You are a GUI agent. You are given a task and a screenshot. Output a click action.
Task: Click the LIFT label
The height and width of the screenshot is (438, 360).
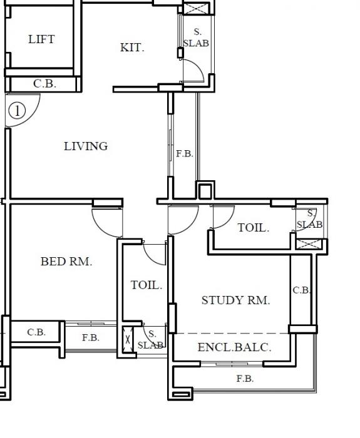(x=41, y=39)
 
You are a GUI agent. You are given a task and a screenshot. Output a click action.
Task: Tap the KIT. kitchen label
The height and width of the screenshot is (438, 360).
(x=132, y=48)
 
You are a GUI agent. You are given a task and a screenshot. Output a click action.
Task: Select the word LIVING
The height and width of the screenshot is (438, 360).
(x=86, y=146)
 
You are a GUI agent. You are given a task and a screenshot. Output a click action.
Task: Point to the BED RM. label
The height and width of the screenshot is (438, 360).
(x=66, y=262)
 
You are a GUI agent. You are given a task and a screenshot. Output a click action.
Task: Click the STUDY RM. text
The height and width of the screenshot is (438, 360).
(x=235, y=300)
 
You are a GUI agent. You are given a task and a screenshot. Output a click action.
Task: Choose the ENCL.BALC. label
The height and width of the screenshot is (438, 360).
(x=234, y=347)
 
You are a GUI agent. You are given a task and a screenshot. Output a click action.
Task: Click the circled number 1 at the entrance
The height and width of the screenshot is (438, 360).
(x=17, y=111)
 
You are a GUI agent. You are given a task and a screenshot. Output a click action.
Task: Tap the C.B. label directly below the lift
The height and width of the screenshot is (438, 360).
(x=44, y=83)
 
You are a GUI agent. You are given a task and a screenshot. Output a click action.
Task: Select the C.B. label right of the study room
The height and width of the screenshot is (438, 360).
(x=302, y=290)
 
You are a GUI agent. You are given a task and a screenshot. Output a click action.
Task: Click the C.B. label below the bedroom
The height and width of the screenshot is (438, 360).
(x=36, y=333)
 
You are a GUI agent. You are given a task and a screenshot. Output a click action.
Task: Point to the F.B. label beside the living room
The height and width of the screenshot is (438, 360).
(x=184, y=153)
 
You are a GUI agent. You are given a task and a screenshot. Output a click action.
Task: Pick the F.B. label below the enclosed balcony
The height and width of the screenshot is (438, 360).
(x=245, y=379)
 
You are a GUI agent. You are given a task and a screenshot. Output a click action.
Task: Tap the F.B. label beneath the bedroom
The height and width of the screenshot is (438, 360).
(x=91, y=338)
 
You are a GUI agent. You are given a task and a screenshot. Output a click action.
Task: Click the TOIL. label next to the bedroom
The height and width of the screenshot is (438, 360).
(x=146, y=285)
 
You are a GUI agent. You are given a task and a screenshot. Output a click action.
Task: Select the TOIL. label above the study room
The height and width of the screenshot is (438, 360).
(x=253, y=228)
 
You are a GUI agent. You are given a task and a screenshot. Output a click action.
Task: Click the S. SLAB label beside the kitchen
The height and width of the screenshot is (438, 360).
(x=196, y=38)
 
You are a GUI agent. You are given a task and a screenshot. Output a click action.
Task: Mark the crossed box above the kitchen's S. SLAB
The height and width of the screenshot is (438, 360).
(x=197, y=8)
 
